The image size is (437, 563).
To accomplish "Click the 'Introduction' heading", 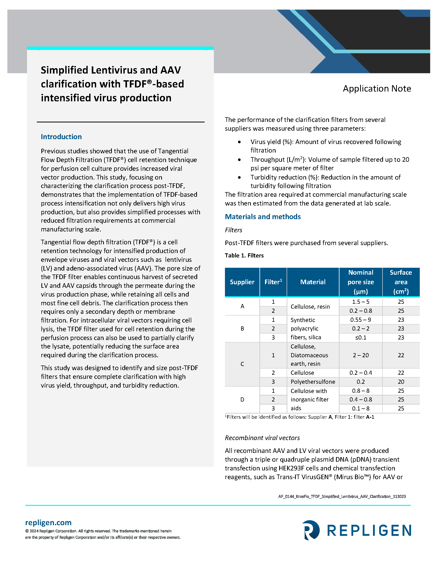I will pyautogui.click(x=61, y=137).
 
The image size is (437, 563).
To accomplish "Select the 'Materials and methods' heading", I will pyautogui.click(x=262, y=217).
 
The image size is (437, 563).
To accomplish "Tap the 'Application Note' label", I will pyautogui.click(x=377, y=88).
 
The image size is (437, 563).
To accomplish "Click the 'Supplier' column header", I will pyautogui.click(x=242, y=282).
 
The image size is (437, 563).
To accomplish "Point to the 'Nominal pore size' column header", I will pyautogui.click(x=360, y=282).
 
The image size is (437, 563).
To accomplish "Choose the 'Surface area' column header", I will pyautogui.click(x=401, y=282).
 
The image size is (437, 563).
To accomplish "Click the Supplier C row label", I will pyautogui.click(x=242, y=364).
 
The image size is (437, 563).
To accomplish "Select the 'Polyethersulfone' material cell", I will pyautogui.click(x=313, y=382).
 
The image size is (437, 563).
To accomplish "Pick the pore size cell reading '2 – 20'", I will pyautogui.click(x=360, y=355).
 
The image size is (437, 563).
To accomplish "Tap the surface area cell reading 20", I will pyautogui.click(x=401, y=382).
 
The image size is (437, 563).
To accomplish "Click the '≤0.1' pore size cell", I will pyautogui.click(x=360, y=337).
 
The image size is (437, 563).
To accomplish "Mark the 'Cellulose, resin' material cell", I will pyautogui.click(x=310, y=307).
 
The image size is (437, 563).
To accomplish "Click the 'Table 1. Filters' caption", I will pyautogui.click(x=244, y=255).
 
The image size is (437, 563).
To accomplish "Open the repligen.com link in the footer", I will pyautogui.click(x=48, y=523).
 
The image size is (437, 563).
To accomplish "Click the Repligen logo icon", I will pyautogui.click(x=311, y=530).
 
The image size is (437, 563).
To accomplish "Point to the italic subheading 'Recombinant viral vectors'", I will pyautogui.click(x=262, y=438).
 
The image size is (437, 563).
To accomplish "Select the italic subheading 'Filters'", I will pyautogui.click(x=233, y=230).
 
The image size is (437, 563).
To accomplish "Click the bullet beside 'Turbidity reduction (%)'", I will pyautogui.click(x=239, y=177).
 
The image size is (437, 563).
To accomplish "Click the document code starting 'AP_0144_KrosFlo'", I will pyautogui.click(x=342, y=496).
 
